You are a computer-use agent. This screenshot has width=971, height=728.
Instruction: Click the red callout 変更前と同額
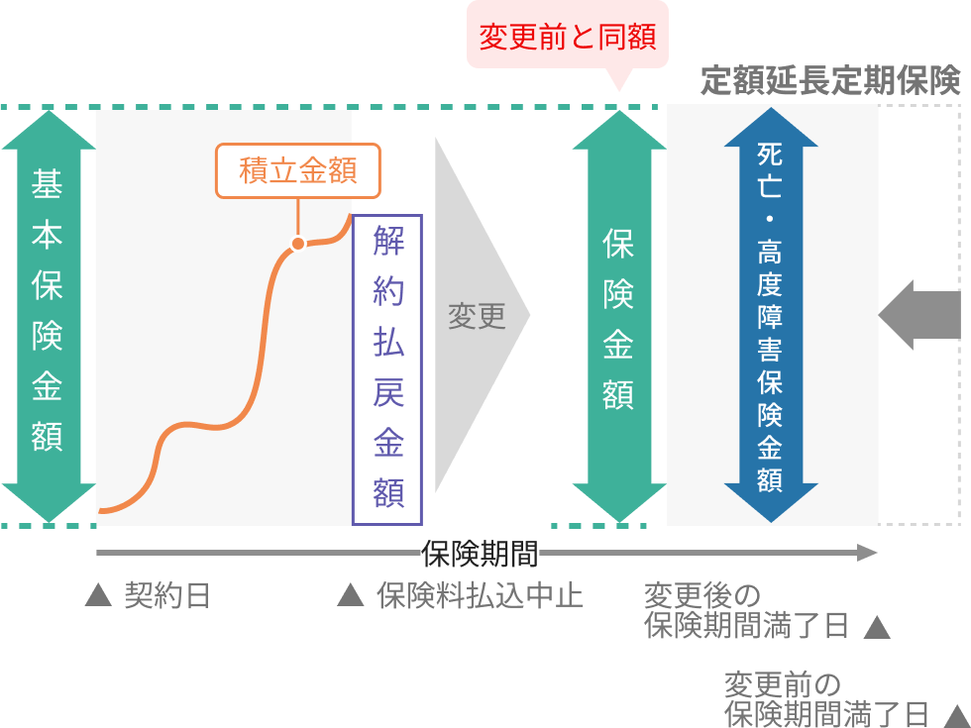point(568,38)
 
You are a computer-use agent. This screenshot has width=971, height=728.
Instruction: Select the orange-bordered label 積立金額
point(298,170)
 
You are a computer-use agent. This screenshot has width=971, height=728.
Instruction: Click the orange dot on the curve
point(296,244)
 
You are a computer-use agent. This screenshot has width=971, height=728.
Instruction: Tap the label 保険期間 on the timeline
point(480,553)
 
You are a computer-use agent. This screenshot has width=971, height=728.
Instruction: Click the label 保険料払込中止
point(480,596)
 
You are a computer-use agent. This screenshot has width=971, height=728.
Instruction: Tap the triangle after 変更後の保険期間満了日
point(877,627)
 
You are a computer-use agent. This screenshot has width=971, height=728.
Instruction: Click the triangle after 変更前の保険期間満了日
point(956,715)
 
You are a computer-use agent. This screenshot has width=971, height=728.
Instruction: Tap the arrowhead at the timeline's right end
point(868,553)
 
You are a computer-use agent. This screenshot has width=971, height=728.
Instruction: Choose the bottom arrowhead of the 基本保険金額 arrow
point(47,501)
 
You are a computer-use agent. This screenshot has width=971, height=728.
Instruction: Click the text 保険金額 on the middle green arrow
point(618,321)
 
